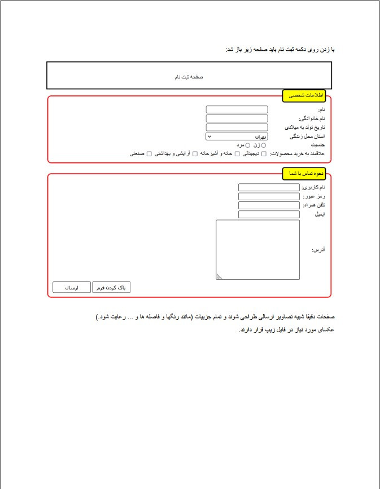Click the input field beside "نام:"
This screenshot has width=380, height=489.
(237, 109)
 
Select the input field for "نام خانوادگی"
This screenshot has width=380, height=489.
(237, 118)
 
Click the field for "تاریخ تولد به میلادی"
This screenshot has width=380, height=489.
(237, 127)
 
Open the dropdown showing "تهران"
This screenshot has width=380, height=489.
(237, 136)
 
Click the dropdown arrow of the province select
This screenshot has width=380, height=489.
(209, 136)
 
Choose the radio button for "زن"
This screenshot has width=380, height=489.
(264, 145)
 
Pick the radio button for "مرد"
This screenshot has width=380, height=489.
(248, 145)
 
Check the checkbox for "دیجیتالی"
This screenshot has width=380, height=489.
(264, 153)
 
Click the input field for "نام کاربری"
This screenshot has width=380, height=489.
(269, 187)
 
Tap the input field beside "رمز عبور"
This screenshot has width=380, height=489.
(269, 196)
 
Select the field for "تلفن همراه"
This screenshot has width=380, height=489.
(269, 205)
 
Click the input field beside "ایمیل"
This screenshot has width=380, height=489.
(269, 214)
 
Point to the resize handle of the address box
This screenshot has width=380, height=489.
(219, 276)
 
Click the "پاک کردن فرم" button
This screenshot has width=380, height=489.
(111, 288)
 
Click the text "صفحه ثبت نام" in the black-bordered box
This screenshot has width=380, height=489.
(189, 76)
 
